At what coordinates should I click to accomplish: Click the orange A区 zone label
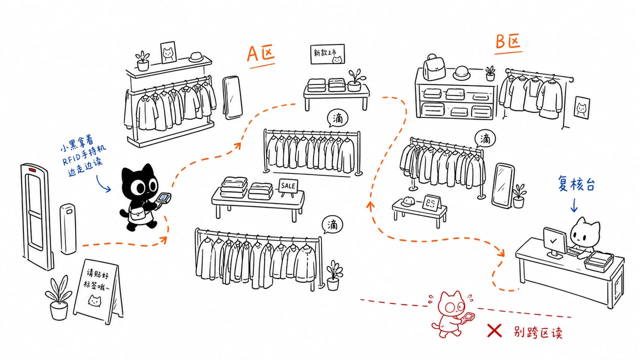tap(261, 54)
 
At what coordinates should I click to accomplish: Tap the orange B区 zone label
tap(508, 42)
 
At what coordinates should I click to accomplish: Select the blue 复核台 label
tap(576, 184)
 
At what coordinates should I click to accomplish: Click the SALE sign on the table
tap(288, 186)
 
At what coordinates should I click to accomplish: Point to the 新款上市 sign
tap(327, 53)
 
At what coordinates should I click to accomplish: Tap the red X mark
tap(494, 330)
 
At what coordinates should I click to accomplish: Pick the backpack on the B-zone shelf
tap(433, 67)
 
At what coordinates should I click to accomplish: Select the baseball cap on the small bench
tap(408, 201)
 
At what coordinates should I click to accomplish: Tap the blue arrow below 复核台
tap(573, 205)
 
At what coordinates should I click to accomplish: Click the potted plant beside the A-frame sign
tap(58, 298)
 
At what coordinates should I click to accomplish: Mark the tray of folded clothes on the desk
tap(599, 261)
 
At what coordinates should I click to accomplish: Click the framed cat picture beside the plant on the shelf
tap(168, 52)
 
